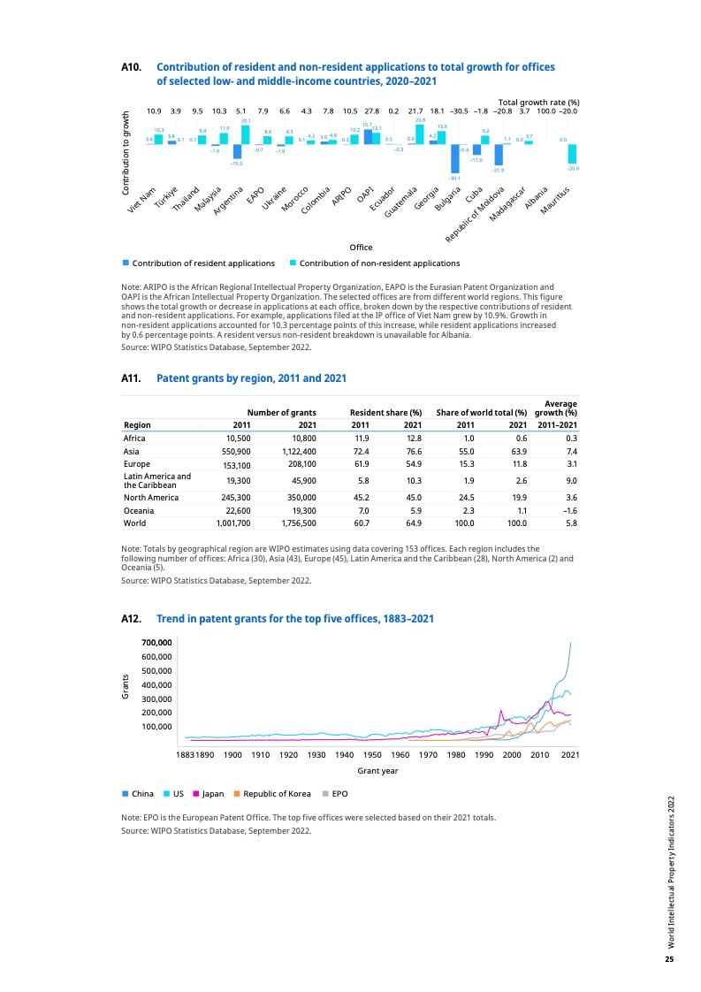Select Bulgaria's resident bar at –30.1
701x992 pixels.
454,158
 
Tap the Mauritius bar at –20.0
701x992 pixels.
573,154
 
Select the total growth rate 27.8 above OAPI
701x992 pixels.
372,111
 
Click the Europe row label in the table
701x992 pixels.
137,464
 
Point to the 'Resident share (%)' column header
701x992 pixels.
385,412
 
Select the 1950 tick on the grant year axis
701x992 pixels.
372,755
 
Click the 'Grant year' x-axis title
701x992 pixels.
377,771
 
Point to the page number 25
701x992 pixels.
669,960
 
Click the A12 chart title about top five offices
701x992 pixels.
294,619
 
